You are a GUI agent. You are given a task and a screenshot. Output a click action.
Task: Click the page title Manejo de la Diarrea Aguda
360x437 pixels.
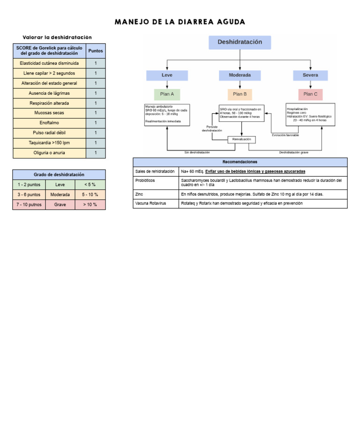coord(180,22)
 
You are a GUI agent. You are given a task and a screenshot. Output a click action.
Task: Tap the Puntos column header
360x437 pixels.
coord(96,51)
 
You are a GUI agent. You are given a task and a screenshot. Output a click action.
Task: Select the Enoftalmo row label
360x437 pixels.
coord(49,123)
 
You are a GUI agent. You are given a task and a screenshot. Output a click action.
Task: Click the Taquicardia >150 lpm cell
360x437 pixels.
coord(49,143)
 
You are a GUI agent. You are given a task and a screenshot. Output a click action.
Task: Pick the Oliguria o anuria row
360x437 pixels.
coord(49,153)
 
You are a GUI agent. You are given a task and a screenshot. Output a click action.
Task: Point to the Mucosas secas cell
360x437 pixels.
coord(49,113)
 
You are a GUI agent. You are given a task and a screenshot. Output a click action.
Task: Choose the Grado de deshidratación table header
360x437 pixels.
coord(59,174)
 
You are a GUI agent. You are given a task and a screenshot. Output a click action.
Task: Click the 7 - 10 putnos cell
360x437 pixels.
coord(29,205)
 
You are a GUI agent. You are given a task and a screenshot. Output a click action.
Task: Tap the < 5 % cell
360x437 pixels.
coord(90,185)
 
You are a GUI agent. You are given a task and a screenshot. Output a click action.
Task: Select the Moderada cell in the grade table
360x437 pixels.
coord(60,195)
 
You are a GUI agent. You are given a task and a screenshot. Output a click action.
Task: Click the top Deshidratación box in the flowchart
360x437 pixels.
coord(240,42)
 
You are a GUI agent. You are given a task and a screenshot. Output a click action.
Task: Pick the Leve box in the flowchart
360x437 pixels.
coord(167,75)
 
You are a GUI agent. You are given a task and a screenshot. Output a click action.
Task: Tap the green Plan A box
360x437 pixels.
coord(167,94)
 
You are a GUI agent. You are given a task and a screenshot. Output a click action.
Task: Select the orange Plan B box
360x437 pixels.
coord(240,94)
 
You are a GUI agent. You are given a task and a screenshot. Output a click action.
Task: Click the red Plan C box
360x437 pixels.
coord(310,94)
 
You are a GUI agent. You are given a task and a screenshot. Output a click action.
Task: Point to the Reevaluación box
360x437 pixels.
coord(242,139)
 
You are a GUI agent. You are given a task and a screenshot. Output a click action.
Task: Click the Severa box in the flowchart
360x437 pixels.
coord(310,75)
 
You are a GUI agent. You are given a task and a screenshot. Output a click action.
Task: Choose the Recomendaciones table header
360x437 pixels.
coord(240,162)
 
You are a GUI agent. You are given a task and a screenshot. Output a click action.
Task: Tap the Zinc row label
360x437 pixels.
coord(139,194)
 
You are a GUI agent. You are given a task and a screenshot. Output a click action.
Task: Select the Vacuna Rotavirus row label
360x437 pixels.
coord(150,203)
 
